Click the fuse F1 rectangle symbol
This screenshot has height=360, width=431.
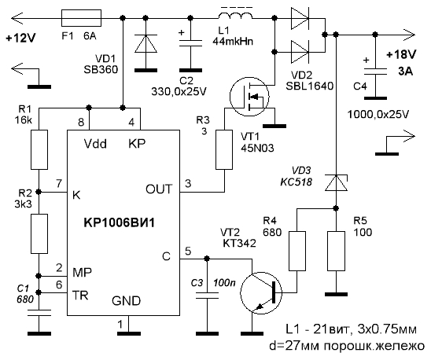[x=81, y=18]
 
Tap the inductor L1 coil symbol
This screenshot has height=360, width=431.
[x=236, y=17]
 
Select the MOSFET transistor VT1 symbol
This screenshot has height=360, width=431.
[x=249, y=97]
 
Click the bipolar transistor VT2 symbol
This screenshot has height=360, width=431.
[x=261, y=292]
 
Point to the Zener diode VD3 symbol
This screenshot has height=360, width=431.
[x=336, y=182]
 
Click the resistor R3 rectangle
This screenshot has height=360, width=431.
[x=224, y=150]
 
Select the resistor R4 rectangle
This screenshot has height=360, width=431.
[x=297, y=251]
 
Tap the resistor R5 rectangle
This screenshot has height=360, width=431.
[x=336, y=251]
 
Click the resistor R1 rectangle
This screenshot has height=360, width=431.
[x=39, y=149]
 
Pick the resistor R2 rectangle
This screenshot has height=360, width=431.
[x=39, y=233]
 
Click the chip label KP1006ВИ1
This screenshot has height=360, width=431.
[x=119, y=222]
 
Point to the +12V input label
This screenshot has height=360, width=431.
[x=20, y=39]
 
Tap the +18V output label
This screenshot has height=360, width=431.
[x=401, y=55]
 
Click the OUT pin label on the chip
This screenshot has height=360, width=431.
[x=159, y=189]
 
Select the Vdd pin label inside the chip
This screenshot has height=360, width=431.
[x=95, y=144]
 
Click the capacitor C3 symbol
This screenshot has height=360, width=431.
[x=208, y=296]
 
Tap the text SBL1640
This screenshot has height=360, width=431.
[x=310, y=86]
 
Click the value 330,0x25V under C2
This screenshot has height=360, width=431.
[x=179, y=91]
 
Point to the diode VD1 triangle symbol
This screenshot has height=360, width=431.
[x=146, y=43]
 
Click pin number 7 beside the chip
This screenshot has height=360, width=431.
[x=59, y=184]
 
